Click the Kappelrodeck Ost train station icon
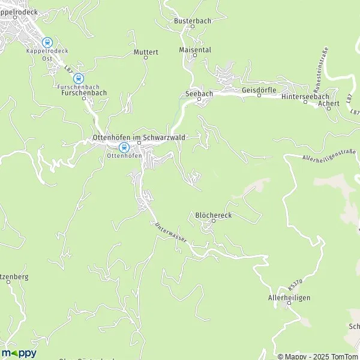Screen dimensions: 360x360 coord(47,43)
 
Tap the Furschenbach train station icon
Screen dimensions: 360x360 coord(78,78)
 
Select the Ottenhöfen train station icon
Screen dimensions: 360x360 coord(124,147)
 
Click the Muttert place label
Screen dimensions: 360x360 coord(146,52)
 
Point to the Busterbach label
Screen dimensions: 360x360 coord(193,21)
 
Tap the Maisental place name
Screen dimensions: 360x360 coord(195,50)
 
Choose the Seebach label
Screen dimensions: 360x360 coord(198,94)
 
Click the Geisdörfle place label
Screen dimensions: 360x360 coord(259,90)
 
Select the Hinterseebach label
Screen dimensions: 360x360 coord(305,96)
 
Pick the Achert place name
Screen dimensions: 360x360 coord(330,103)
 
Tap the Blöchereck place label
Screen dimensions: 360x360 coord(213,214)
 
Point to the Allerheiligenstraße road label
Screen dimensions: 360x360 coord(330,155)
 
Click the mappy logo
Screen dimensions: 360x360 coord(19,353)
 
